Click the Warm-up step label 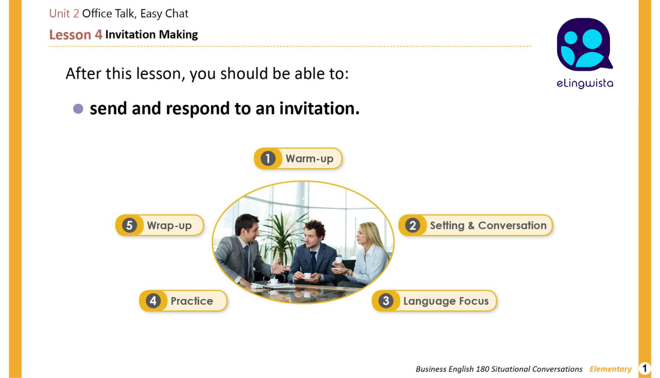(309, 159)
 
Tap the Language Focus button (446, 301)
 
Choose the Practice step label (191, 301)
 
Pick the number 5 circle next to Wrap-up (129, 225)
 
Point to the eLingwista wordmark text (584, 84)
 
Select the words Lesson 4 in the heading (75, 35)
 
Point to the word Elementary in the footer (610, 369)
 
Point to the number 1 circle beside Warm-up (267, 159)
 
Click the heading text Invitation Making (151, 35)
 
